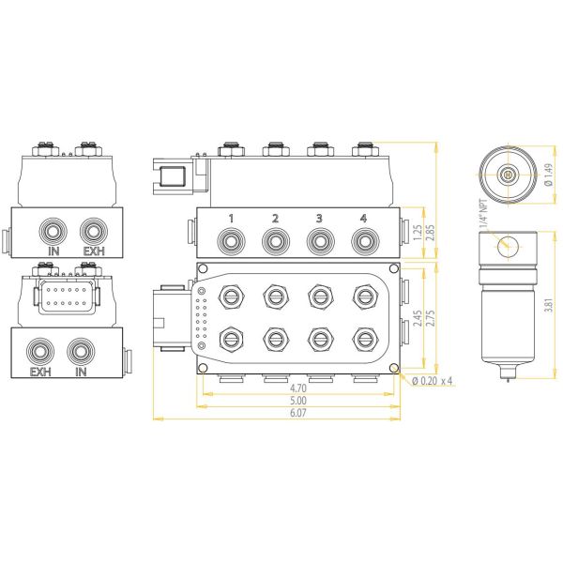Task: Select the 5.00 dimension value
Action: [297, 401]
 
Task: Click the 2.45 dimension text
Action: [418, 317]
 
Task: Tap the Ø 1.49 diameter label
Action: [548, 175]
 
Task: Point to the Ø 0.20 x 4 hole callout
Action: [433, 380]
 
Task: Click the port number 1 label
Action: [231, 219]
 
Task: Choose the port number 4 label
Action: [363, 219]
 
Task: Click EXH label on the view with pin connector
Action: [39, 373]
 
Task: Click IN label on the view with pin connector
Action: [81, 373]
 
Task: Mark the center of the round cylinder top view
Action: [507, 175]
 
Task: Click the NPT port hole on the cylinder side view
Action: [507, 245]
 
